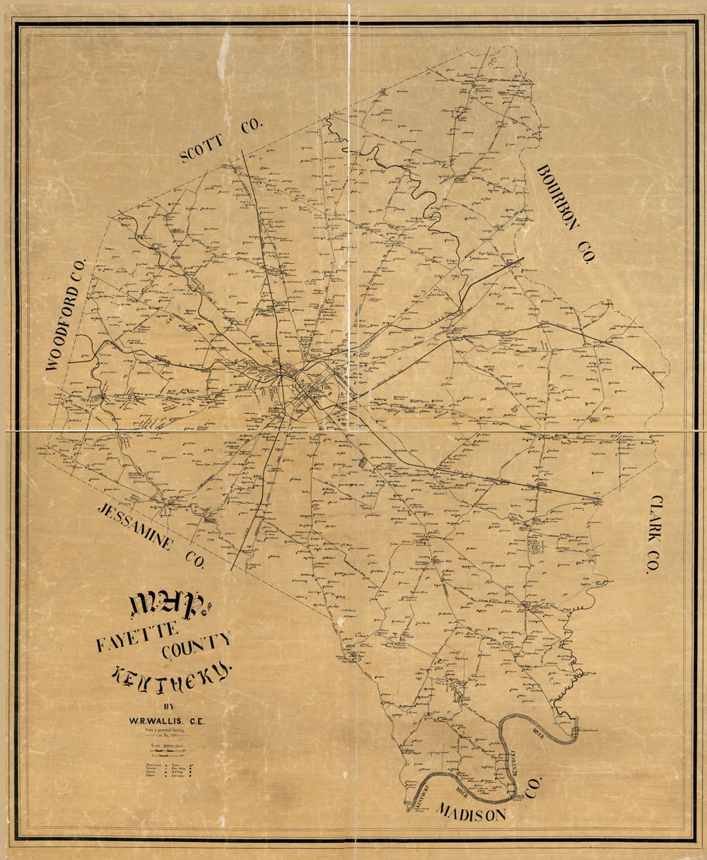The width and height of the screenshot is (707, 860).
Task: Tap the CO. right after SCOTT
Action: coord(251,127)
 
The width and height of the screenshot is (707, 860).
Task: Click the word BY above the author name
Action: coord(168,706)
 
